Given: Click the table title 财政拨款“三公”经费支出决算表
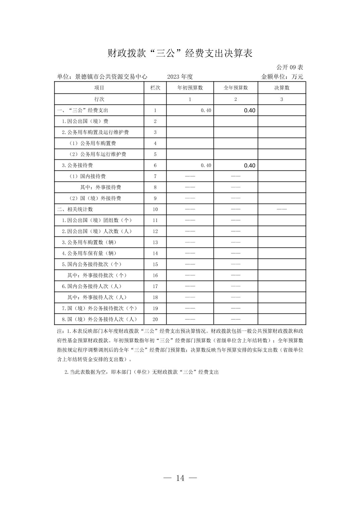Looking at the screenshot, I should pyautogui.click(x=180, y=54).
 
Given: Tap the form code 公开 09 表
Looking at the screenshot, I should pyautogui.click(x=290, y=67).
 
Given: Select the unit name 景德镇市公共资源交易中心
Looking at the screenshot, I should pyautogui.click(x=111, y=77).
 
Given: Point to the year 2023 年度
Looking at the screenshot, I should pyautogui.click(x=180, y=77).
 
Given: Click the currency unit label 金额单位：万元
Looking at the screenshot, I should pyautogui.click(x=282, y=77).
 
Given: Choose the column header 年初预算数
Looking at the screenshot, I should pyautogui.click(x=190, y=88).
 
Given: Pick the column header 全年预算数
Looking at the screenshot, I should pyautogui.click(x=236, y=88).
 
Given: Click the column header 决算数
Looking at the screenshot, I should pyautogui.click(x=282, y=88).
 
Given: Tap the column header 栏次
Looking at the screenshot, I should pyautogui.click(x=155, y=88).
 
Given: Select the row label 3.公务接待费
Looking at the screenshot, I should pyautogui.click(x=77, y=165).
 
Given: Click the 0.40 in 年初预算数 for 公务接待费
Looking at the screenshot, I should pyautogui.click(x=206, y=165).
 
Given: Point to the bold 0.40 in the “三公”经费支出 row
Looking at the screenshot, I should pyautogui.click(x=249, y=111).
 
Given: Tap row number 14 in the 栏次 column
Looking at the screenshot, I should pyautogui.click(x=155, y=253).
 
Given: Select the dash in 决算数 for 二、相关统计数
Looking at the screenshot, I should pyautogui.click(x=282, y=209).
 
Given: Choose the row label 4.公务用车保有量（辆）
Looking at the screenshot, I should pyautogui.click(x=89, y=253).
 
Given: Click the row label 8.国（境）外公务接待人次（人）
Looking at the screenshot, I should pyautogui.click(x=99, y=319).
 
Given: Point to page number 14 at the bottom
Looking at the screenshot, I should pyautogui.click(x=180, y=478).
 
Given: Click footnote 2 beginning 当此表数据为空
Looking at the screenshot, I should pyautogui.click(x=141, y=372).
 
